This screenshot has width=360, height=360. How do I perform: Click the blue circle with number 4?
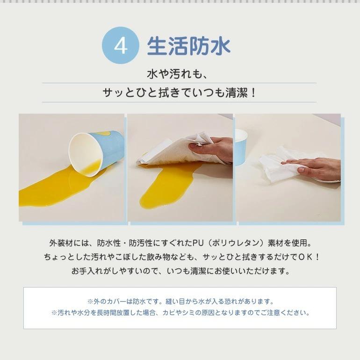(121, 47)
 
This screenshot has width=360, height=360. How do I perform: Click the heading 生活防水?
(188, 47)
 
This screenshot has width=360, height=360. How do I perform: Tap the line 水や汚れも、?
(180, 73)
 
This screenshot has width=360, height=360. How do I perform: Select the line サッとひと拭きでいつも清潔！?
(180, 93)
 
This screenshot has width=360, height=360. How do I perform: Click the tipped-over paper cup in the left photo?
(95, 152)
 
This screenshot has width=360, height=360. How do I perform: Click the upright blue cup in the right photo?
(240, 145)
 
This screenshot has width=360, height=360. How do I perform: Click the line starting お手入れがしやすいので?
(180, 271)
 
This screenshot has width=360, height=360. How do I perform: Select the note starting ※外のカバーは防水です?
(180, 302)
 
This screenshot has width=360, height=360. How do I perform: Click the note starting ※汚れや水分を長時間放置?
(180, 313)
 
